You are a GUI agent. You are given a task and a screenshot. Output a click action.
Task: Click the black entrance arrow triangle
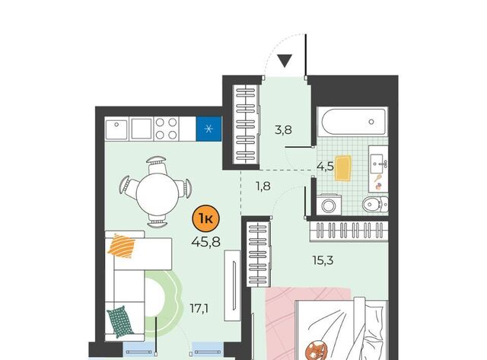click(285, 61)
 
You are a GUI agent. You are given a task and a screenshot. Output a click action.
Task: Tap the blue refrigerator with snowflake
click(208, 129)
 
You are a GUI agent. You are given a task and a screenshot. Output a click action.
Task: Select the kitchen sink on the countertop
click(116, 129)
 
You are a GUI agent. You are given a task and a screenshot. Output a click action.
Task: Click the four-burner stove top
click(167, 129)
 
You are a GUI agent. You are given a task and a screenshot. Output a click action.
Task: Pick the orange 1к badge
click(206, 219)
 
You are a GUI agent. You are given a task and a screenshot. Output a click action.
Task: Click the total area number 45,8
click(206, 241)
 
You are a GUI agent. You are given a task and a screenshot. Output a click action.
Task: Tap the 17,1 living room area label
click(199, 309)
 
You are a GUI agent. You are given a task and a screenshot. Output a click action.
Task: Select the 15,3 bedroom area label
click(323, 260)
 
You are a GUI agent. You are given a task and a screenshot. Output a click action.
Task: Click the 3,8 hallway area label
click(284, 129)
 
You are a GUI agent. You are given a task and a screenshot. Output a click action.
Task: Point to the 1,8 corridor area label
click(263, 186)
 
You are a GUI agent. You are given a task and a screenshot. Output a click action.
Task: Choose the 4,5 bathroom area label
click(325, 166)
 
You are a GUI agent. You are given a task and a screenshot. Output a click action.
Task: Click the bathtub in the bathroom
click(353, 122)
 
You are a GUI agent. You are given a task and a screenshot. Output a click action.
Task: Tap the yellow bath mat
click(343, 168)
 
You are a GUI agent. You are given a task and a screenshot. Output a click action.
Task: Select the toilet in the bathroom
click(375, 205)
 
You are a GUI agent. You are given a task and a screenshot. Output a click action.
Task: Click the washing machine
click(329, 205)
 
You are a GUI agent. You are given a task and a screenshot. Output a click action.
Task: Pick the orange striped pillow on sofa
click(122, 246)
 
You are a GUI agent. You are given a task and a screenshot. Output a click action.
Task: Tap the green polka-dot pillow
click(120, 322)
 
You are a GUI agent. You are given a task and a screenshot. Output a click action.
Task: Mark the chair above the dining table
click(158, 164)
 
